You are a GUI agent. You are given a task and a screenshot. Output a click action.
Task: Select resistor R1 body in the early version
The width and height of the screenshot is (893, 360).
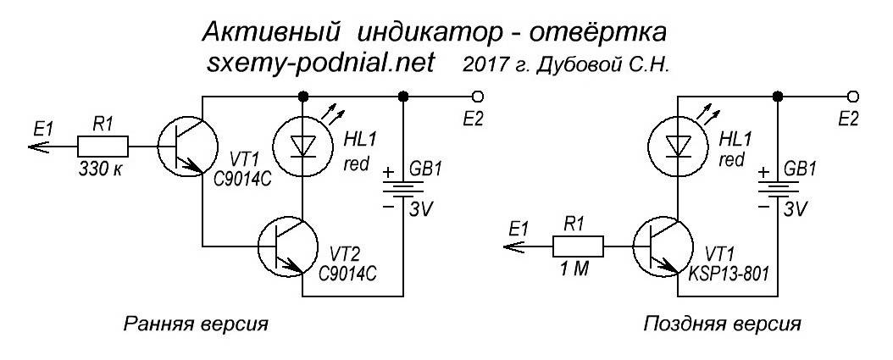pos(103,144)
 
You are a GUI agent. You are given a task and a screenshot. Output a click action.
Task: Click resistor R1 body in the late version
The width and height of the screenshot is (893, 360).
pos(577,247)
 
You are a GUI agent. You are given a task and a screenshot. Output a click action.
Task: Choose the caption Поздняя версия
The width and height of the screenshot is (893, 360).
pos(721,324)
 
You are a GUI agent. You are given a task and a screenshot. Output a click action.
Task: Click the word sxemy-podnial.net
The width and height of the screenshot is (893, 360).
pos(321,64)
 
